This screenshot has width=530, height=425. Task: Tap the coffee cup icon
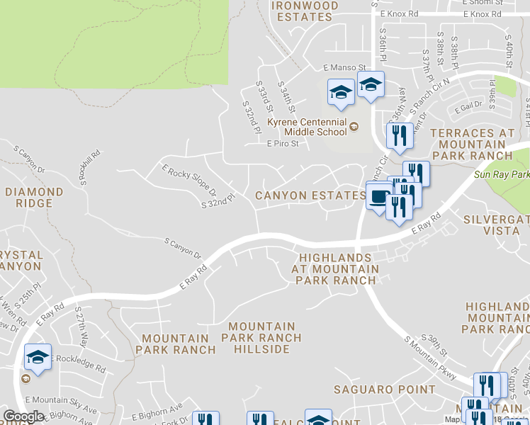pos(377,196)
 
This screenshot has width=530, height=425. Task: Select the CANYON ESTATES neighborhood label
pos(310,195)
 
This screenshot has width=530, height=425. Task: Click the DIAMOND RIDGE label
pos(34,198)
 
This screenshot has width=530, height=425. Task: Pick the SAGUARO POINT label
pos(385,390)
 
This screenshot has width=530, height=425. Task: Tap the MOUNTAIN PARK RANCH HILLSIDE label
pos(261,338)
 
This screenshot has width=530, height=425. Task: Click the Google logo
pos(23,416)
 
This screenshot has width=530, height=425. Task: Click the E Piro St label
pos(283,144)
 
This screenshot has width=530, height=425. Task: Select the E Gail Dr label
pos(470,105)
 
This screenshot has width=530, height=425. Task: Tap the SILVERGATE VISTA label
pos(496,226)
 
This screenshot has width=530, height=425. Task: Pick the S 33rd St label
pos(264,98)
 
